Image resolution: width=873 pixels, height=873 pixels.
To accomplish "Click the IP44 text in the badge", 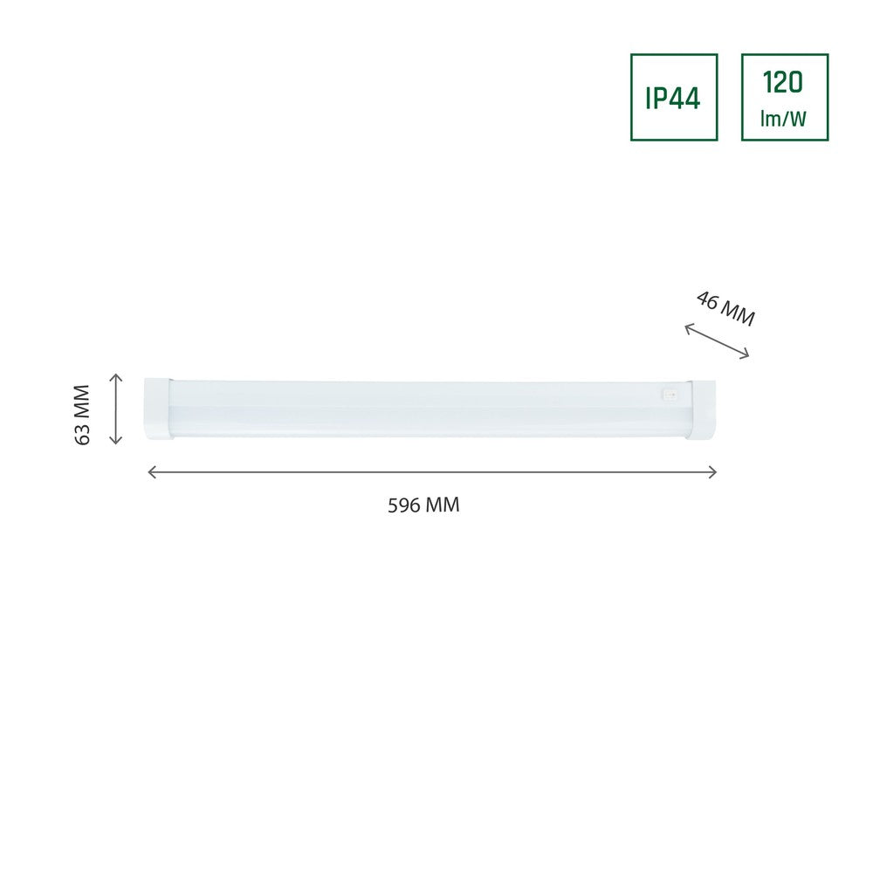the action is pyautogui.click(x=672, y=99).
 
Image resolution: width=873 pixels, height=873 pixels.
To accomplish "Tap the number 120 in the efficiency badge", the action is pyautogui.click(x=783, y=82).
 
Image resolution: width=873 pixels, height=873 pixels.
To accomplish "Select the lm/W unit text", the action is pyautogui.click(x=783, y=118).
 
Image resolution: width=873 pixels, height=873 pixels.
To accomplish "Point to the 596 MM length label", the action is pyautogui.click(x=423, y=505).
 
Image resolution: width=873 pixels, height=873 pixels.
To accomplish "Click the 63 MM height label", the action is pyautogui.click(x=82, y=414).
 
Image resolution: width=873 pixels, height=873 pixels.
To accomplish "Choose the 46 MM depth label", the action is pyautogui.click(x=725, y=308).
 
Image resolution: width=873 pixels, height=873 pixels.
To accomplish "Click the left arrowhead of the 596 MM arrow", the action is pyautogui.click(x=151, y=472).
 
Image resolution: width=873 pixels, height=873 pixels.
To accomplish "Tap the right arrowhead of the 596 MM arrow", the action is pyautogui.click(x=712, y=472).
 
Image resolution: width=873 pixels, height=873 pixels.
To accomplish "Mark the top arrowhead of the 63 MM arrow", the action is pyautogui.click(x=116, y=377).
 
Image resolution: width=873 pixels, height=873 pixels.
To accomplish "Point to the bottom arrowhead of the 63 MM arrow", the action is pyautogui.click(x=116, y=440).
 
